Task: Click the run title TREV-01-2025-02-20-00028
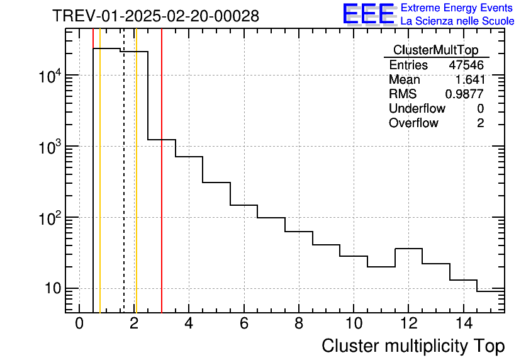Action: click(x=155, y=16)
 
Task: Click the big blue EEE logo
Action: click(x=369, y=14)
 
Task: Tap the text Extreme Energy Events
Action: click(x=457, y=8)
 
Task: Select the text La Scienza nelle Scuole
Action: click(x=457, y=21)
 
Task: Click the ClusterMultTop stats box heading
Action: click(x=435, y=50)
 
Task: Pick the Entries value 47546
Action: click(x=466, y=65)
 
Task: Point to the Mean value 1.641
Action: click(x=469, y=79)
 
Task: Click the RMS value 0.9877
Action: click(x=464, y=94)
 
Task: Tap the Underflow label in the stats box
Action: click(x=417, y=108)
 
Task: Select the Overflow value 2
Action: click(x=480, y=123)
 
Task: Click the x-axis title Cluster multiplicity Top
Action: click(x=413, y=346)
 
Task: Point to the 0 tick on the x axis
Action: click(x=79, y=323)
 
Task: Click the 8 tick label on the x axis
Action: click(x=299, y=323)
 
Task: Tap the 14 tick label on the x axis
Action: click(x=463, y=323)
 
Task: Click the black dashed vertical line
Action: click(x=124, y=189)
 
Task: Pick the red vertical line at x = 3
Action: click(x=162, y=189)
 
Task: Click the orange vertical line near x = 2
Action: click(x=136, y=189)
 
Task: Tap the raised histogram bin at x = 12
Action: click(x=408, y=249)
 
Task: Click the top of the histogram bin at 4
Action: click(x=189, y=157)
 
